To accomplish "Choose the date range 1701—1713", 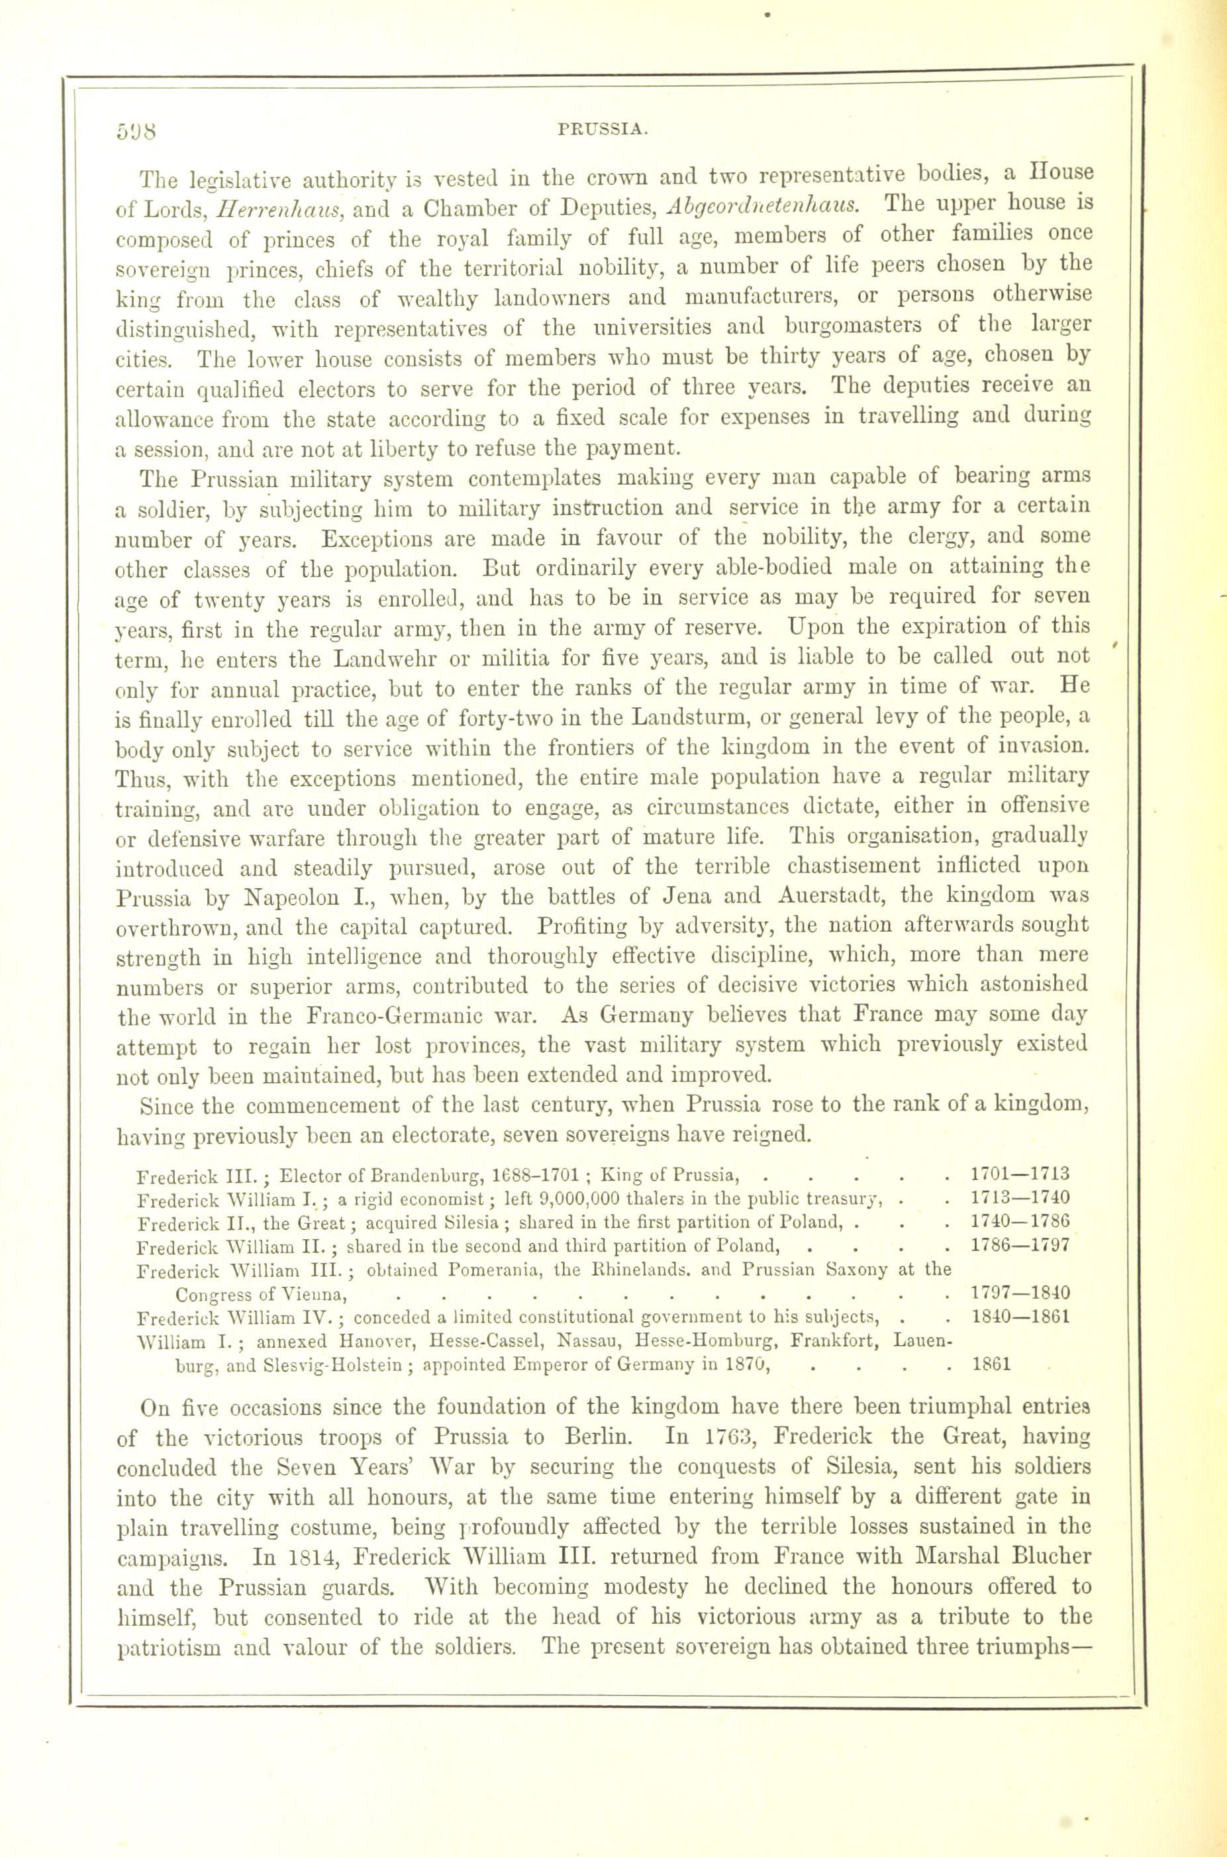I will coord(1019,1175).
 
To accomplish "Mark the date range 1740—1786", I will coord(1019,1222).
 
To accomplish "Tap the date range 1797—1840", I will coord(1019,1292).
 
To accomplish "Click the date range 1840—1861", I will coord(1019,1315).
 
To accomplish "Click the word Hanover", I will coord(313,1340).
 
